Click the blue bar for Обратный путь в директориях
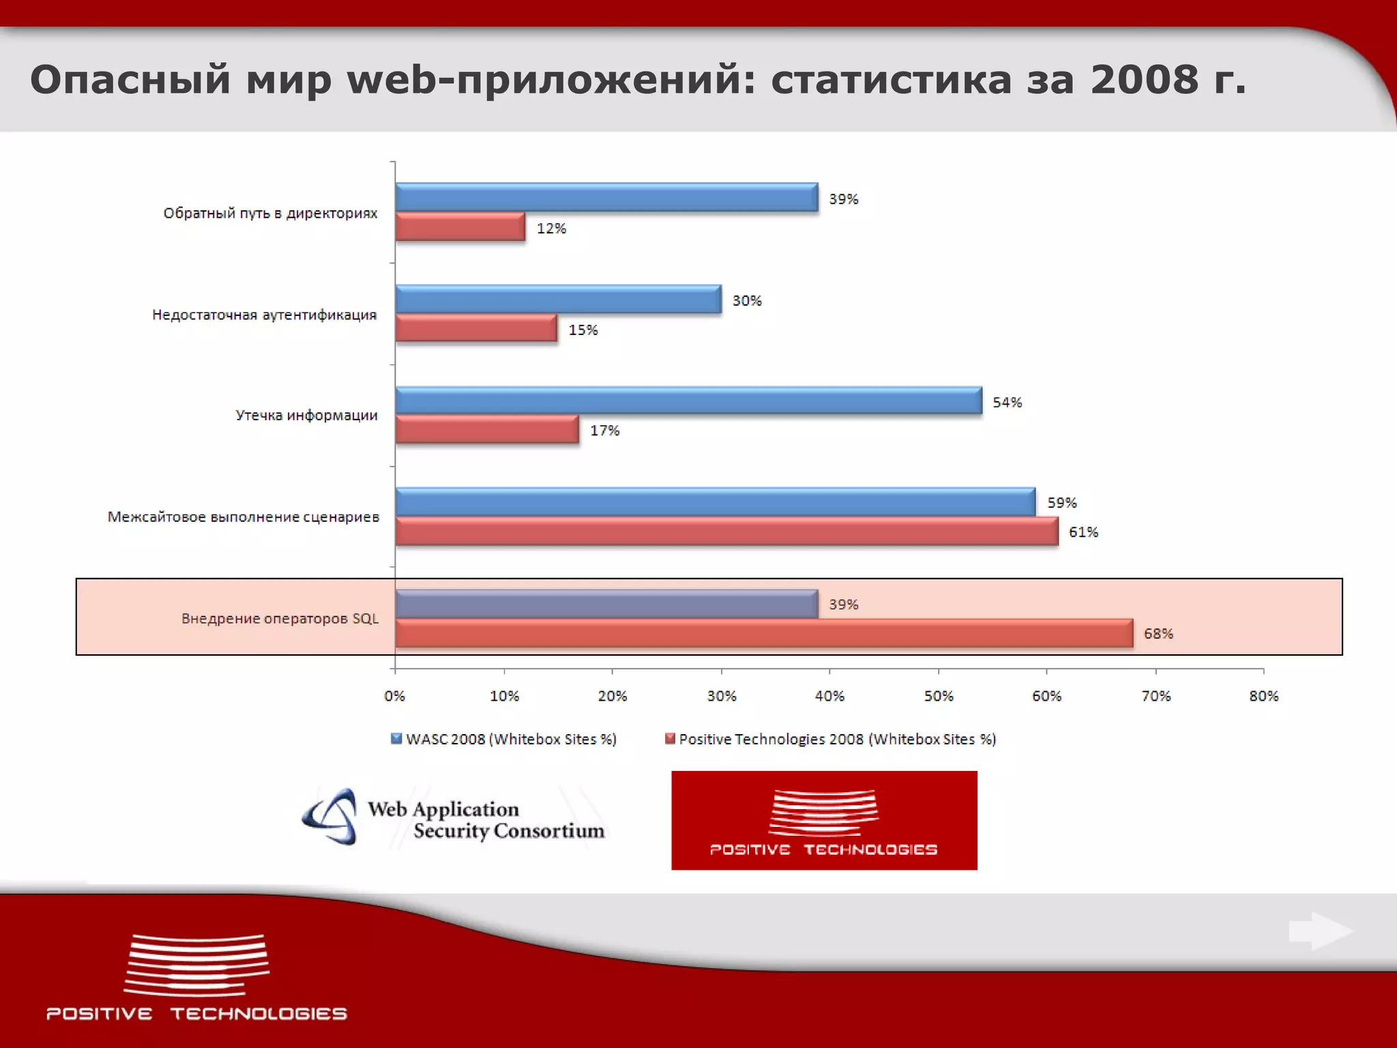[x=606, y=198]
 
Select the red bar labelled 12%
[x=460, y=227]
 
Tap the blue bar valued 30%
[x=558, y=300]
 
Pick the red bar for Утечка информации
[x=487, y=430]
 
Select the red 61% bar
[x=726, y=532]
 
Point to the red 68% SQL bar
[x=764, y=633]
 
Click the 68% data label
[x=1158, y=634]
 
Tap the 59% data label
[x=1062, y=503]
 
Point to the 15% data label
[x=583, y=330]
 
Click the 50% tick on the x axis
[x=939, y=696]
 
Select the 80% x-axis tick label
[x=1263, y=696]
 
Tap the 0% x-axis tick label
[x=395, y=696]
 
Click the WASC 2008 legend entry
[x=504, y=739]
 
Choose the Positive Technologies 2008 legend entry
[x=831, y=739]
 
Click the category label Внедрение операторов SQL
[x=280, y=619]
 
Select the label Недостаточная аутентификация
[x=265, y=315]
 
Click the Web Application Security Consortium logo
[x=454, y=819]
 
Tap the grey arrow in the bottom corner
[x=1321, y=931]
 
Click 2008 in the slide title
[x=1144, y=80]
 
